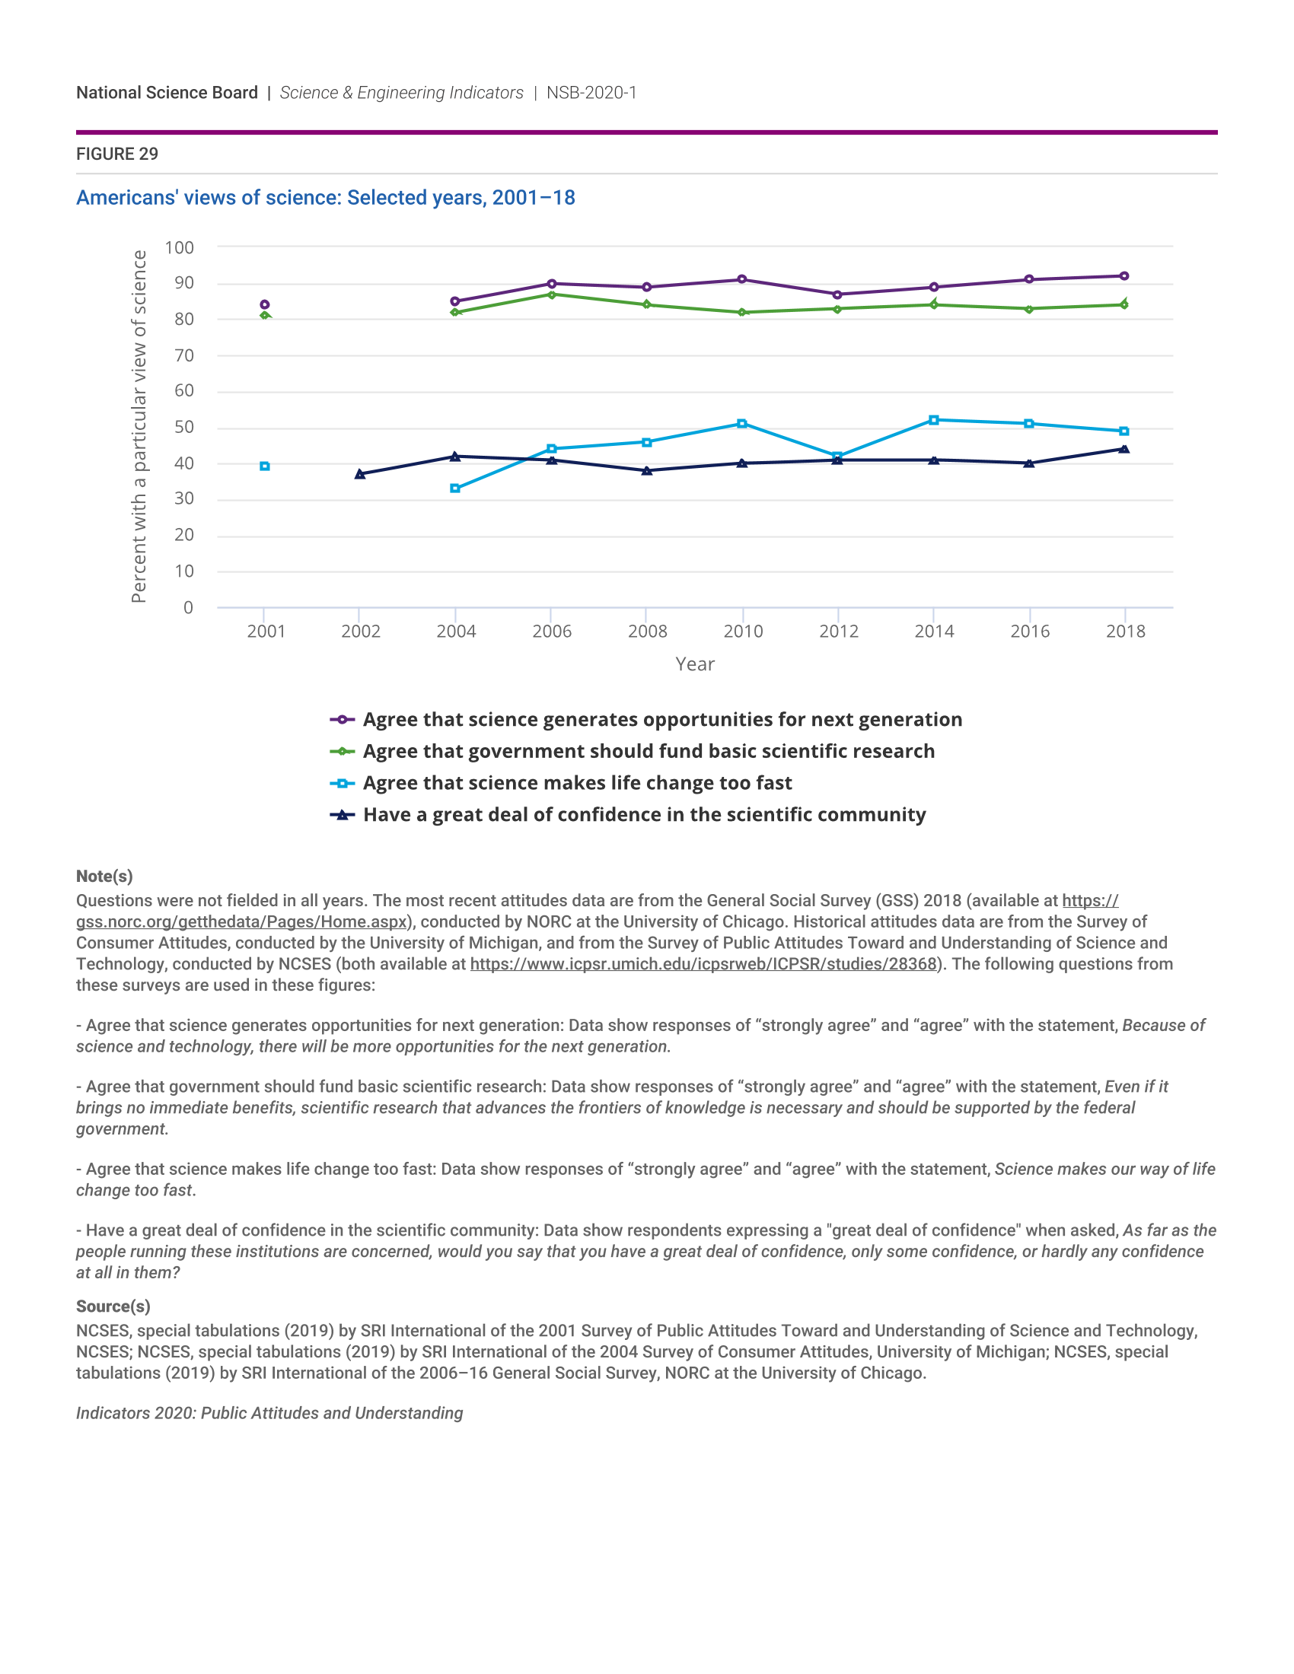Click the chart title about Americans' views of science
click(325, 198)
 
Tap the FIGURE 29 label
click(117, 154)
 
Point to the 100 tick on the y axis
click(180, 247)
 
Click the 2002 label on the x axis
click(360, 632)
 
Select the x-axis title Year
click(694, 664)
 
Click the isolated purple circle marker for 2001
click(264, 304)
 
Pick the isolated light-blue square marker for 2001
click(264, 466)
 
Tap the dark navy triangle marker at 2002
click(359, 474)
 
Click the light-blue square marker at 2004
click(455, 489)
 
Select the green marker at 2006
click(551, 294)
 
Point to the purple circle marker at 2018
click(1123, 276)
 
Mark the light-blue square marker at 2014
click(933, 420)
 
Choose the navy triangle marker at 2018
click(1123, 449)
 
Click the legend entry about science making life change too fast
click(576, 783)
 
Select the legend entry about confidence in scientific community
click(644, 815)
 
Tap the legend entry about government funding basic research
click(649, 752)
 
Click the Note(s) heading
click(104, 876)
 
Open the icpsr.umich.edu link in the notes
click(703, 964)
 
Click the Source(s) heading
click(113, 1306)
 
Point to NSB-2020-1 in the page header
click(591, 93)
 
